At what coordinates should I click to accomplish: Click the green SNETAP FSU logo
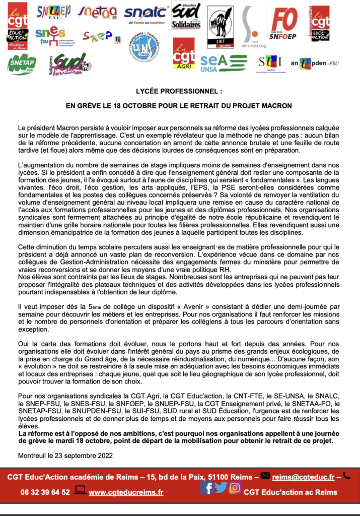(22, 64)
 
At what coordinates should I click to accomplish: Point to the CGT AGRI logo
(183, 54)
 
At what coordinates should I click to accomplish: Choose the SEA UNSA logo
(221, 62)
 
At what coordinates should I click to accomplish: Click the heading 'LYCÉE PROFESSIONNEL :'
(179, 93)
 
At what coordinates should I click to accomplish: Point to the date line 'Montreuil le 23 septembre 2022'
(65, 455)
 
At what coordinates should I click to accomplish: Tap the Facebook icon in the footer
(207, 487)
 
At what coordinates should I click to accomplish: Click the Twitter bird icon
(221, 487)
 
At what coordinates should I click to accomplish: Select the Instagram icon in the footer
(235, 487)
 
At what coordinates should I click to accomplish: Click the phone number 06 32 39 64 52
(45, 492)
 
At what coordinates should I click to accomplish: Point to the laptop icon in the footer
(80, 489)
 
